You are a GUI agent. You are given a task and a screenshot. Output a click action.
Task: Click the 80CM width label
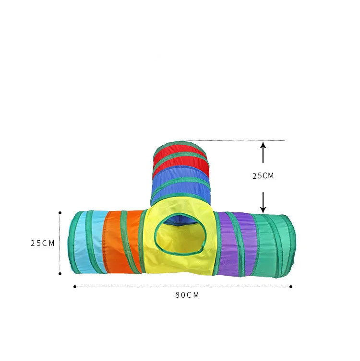pyautogui.click(x=187, y=295)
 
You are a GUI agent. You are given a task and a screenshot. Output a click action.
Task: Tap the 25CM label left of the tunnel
pyautogui.click(x=42, y=243)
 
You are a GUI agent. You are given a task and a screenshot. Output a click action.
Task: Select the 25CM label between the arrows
pyautogui.click(x=263, y=176)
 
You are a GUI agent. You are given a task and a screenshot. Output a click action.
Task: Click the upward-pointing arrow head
pyautogui.click(x=263, y=145)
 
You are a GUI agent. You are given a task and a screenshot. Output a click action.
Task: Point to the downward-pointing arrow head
pyautogui.click(x=263, y=210)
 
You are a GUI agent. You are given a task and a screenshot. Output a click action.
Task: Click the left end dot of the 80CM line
pyautogui.click(x=75, y=287)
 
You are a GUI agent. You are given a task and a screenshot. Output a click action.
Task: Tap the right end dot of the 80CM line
pyautogui.click(x=291, y=287)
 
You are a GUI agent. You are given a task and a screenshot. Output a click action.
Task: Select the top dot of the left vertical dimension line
pyautogui.click(x=60, y=213)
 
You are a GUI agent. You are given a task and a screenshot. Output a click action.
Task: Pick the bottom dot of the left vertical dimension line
pyautogui.click(x=60, y=274)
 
